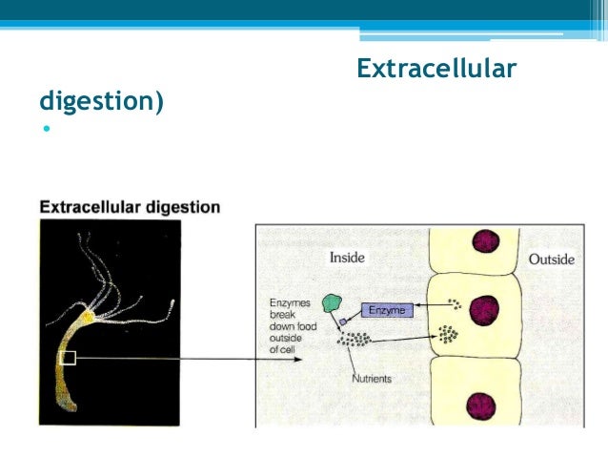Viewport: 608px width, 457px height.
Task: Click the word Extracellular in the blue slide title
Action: [x=436, y=69]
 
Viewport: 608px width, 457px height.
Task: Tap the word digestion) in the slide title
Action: [x=101, y=99]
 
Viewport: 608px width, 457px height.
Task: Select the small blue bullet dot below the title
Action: [x=44, y=129]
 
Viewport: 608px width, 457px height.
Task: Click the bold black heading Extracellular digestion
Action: [x=130, y=206]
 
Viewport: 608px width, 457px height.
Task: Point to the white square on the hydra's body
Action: [x=67, y=358]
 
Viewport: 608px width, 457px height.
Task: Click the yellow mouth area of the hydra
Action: [x=87, y=314]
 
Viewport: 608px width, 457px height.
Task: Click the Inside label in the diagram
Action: [x=348, y=258]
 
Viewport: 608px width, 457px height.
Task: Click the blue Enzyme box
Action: [x=388, y=310]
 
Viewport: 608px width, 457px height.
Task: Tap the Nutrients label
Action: [x=371, y=379]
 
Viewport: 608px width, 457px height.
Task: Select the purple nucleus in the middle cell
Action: [x=485, y=309]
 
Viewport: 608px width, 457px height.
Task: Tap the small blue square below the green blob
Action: [x=343, y=322]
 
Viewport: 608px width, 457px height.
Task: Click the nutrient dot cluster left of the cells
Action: [x=354, y=338]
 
